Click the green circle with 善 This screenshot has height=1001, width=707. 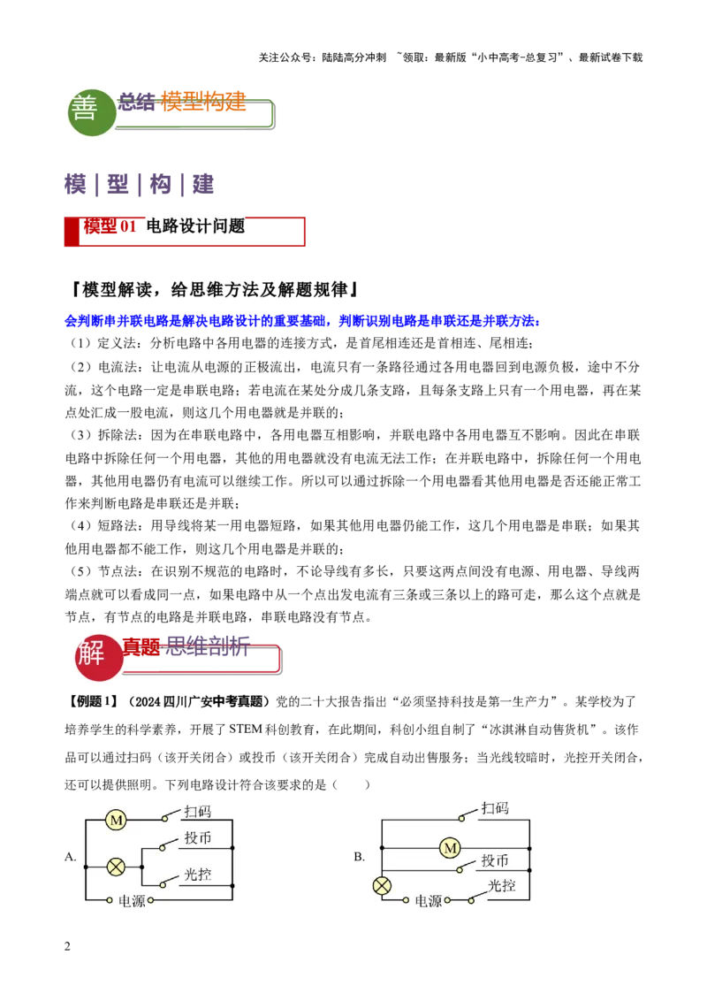[92, 111]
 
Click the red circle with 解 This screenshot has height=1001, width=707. [98, 657]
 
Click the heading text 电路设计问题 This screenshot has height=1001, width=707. [195, 226]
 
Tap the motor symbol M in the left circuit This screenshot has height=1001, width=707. [116, 821]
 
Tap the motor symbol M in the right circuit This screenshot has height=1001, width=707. [450, 848]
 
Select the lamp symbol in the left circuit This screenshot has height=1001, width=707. [116, 867]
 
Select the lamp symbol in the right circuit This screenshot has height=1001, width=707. [382, 885]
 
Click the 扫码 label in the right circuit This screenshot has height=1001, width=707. [495, 808]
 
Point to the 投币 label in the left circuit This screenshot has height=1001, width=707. [198, 838]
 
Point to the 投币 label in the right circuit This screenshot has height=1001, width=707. [495, 860]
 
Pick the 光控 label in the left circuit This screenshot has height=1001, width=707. [197, 875]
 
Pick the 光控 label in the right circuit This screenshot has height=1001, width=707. [501, 885]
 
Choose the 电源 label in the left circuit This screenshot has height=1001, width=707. [132, 902]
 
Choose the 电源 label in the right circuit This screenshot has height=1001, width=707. [429, 901]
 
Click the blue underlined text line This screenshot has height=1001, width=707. [301, 321]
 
